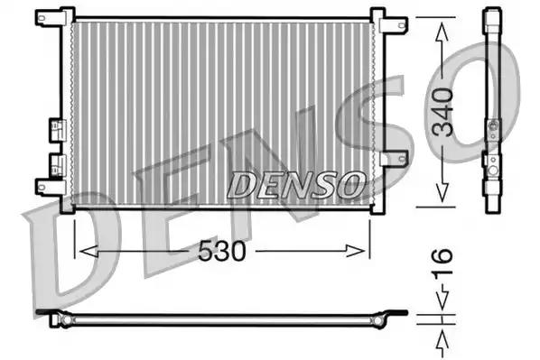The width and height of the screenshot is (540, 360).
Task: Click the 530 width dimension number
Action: (223, 252)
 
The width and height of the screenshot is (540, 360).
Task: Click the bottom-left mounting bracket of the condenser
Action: (47, 187)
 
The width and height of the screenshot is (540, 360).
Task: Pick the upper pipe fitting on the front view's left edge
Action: (56, 127)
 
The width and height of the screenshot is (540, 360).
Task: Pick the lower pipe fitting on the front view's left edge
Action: (56, 163)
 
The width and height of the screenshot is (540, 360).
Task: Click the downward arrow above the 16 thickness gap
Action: (442, 305)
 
